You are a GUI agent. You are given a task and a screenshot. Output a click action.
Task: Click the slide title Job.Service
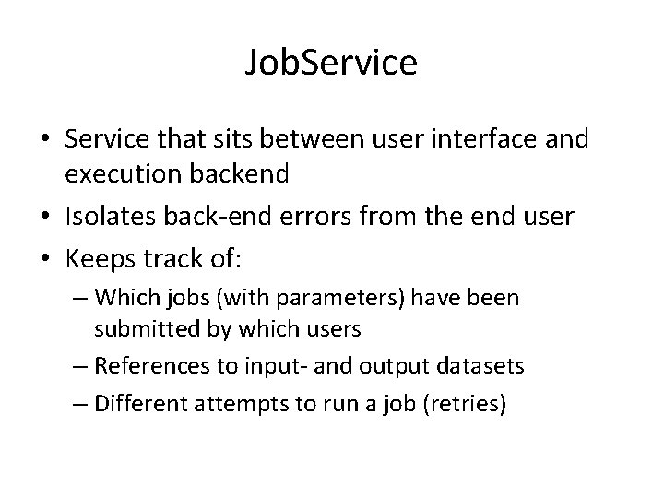332,64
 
